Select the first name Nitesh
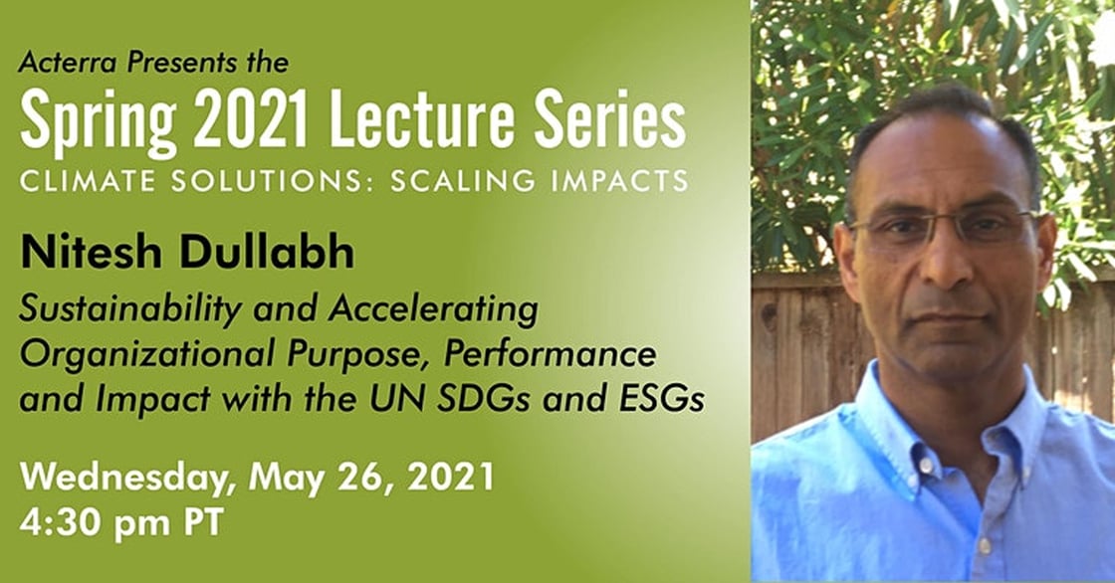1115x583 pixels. (x=91, y=253)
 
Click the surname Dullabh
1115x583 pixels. (x=267, y=253)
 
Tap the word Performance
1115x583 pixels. (x=550, y=353)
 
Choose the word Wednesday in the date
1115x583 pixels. (x=128, y=478)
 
